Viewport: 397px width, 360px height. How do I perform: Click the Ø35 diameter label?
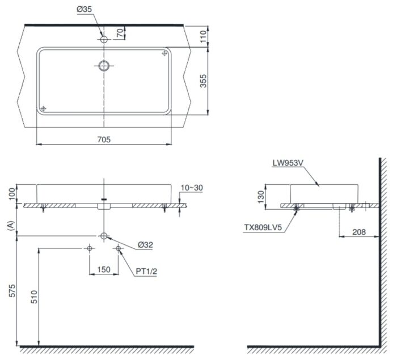coord(84,10)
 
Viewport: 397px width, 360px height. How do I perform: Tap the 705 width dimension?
coord(104,139)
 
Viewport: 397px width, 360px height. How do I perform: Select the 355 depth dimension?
coord(203,81)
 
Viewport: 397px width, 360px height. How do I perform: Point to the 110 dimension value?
coord(203,36)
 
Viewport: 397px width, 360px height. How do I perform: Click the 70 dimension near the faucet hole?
coord(121,33)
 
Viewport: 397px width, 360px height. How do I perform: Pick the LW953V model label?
coord(288,163)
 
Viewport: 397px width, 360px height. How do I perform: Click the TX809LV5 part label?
coord(263,227)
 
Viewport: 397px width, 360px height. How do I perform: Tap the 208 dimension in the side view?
coord(359,232)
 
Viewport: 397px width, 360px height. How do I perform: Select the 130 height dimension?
coord(260,197)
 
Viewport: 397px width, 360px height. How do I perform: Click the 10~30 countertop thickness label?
coord(192,188)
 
